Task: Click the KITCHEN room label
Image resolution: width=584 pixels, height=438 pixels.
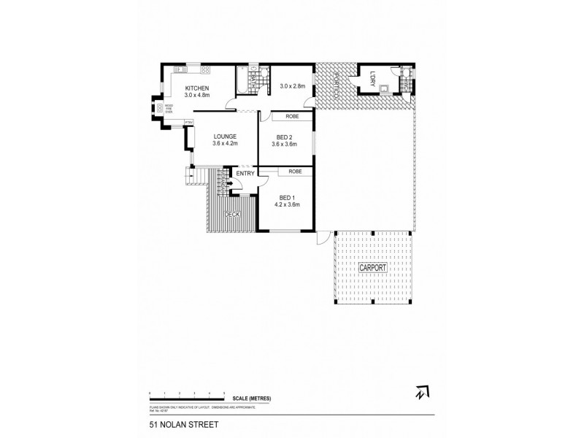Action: (196, 88)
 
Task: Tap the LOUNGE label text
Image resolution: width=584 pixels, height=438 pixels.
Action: (224, 137)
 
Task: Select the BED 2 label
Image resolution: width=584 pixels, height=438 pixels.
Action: (285, 137)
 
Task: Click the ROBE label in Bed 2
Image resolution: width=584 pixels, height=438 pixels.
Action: (291, 117)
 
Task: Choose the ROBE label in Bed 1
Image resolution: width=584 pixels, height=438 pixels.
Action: (295, 172)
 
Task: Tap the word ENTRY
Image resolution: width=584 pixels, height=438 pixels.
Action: (245, 173)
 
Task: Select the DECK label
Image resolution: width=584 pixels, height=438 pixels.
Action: (232, 214)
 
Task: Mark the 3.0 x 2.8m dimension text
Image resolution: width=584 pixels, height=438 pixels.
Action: (292, 86)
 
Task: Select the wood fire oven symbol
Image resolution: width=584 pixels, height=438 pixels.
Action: (158, 109)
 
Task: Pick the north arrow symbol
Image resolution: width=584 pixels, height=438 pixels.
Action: (419, 393)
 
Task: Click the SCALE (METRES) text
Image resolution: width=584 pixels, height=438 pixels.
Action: (252, 397)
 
